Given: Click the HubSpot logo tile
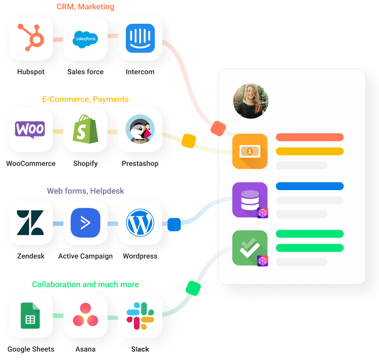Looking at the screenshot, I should pyautogui.click(x=31, y=38).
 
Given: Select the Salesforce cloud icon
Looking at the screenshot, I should pyautogui.click(x=85, y=38).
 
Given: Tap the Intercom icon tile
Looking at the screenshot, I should pyautogui.click(x=140, y=38).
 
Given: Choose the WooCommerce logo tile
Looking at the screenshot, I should pyautogui.click(x=31, y=130).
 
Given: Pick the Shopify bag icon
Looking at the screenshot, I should pyautogui.click(x=85, y=130).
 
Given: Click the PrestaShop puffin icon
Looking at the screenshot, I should pyautogui.click(x=140, y=130).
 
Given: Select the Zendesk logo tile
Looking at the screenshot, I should pyautogui.click(x=31, y=222).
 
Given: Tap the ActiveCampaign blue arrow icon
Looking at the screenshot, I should pyautogui.click(x=85, y=222).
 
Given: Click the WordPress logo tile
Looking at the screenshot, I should pyautogui.click(x=140, y=222).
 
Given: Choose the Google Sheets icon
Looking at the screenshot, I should pyautogui.click(x=31, y=315).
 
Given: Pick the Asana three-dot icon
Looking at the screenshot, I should pyautogui.click(x=85, y=315).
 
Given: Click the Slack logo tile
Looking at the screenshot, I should pyautogui.click(x=140, y=315).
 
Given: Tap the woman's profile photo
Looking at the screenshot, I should pyautogui.click(x=251, y=101).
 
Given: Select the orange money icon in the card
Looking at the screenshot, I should pyautogui.click(x=250, y=151).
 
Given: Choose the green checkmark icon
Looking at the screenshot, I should pyautogui.click(x=250, y=248).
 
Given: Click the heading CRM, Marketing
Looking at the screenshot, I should pyautogui.click(x=85, y=7).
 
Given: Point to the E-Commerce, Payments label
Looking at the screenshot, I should pyautogui.click(x=85, y=99).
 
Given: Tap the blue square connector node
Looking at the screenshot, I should pyautogui.click(x=174, y=224).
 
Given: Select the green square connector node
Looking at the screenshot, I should pyautogui.click(x=193, y=288).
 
